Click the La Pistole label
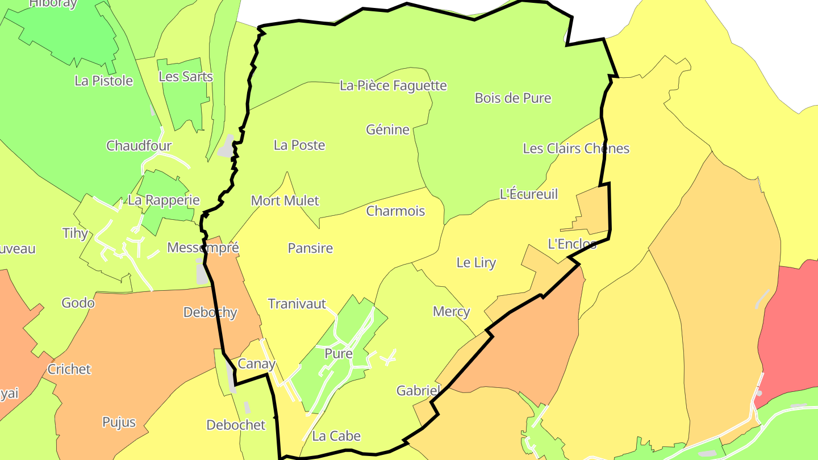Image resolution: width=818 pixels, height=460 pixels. [103, 81]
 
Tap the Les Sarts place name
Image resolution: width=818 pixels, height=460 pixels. [186, 76]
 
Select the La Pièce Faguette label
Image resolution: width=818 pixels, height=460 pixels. [393, 86]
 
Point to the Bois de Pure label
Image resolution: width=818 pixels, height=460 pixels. [513, 98]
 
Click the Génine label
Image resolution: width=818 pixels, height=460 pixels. [388, 129]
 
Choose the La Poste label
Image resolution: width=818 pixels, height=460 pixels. [299, 145]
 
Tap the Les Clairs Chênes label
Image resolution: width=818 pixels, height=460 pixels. [576, 148]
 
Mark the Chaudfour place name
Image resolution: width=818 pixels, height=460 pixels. [139, 145]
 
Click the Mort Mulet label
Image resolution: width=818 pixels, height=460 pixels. [285, 200]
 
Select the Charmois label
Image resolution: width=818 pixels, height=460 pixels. [395, 211]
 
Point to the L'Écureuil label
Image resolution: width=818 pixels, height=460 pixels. [528, 194]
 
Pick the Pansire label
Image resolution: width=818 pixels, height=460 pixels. [310, 248]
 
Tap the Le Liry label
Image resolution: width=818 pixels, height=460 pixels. [476, 262]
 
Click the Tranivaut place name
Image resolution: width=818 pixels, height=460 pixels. [297, 304]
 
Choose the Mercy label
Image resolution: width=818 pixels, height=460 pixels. [452, 311]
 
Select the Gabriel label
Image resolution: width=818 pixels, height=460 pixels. [419, 390]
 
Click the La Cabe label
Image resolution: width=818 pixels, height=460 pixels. [336, 436]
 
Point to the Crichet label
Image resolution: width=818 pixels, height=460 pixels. [69, 369]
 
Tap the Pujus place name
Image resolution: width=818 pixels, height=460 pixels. [119, 422]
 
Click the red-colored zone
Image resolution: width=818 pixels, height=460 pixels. [790, 329]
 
